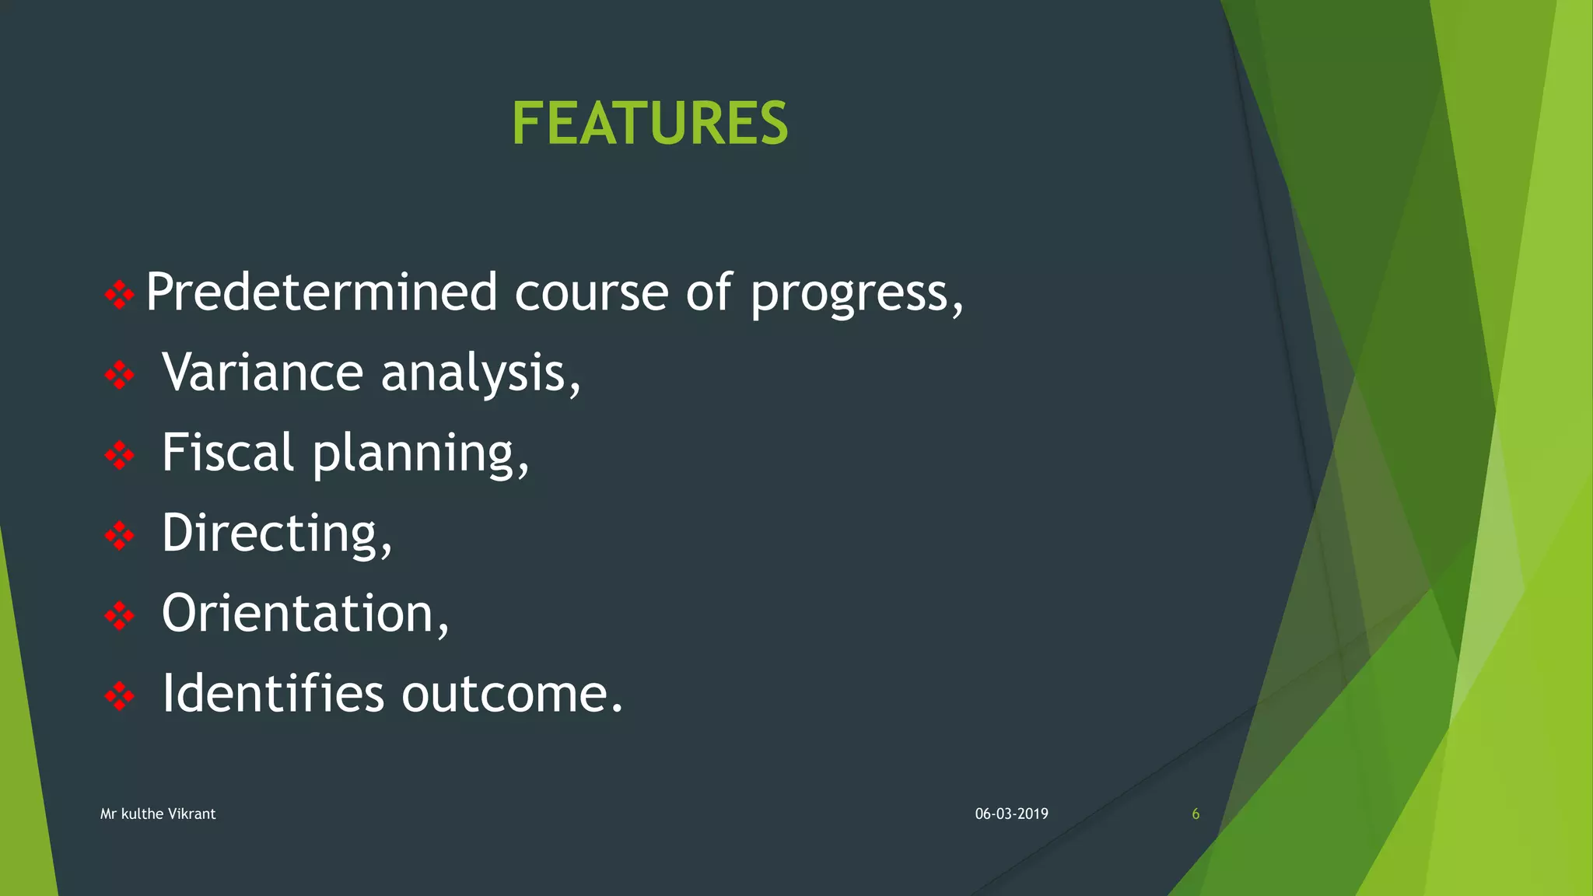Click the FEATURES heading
coord(649,124)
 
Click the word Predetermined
coord(321,292)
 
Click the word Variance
coord(262,373)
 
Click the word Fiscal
coord(228,453)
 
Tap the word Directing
coord(270,534)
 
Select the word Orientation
coord(298,614)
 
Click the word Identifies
coord(273,693)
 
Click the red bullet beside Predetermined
coord(119,294)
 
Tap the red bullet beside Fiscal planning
coord(119,455)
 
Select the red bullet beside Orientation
coord(119,616)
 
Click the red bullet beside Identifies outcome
coord(119,696)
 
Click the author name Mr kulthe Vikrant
coord(158,814)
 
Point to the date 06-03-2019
coord(1011,814)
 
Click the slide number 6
coord(1196,814)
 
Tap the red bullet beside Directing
coord(119,535)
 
